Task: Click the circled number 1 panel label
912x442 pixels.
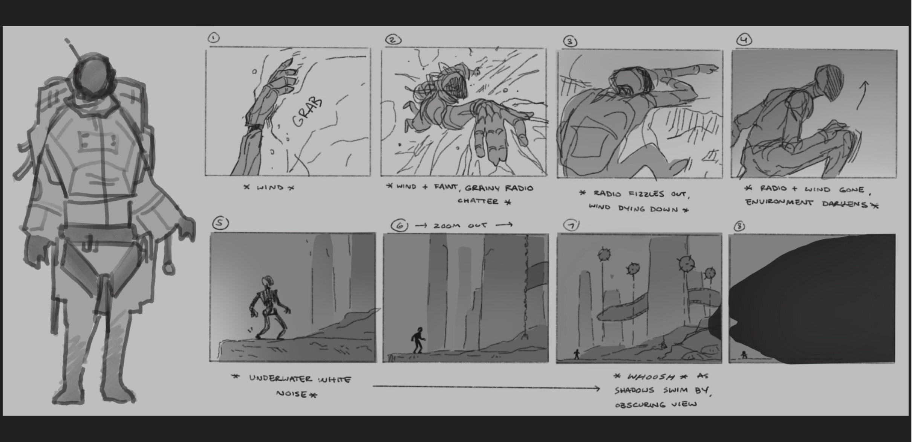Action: coord(214,38)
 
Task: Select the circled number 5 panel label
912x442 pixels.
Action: coord(220,223)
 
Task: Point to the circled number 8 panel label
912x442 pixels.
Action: coord(740,226)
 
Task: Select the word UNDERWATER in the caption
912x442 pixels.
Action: coord(280,378)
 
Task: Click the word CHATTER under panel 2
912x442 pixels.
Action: coord(478,201)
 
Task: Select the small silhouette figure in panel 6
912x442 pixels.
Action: coord(418,340)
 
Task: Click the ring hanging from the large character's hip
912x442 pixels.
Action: coord(169,268)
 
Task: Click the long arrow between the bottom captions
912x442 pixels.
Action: coord(486,387)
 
